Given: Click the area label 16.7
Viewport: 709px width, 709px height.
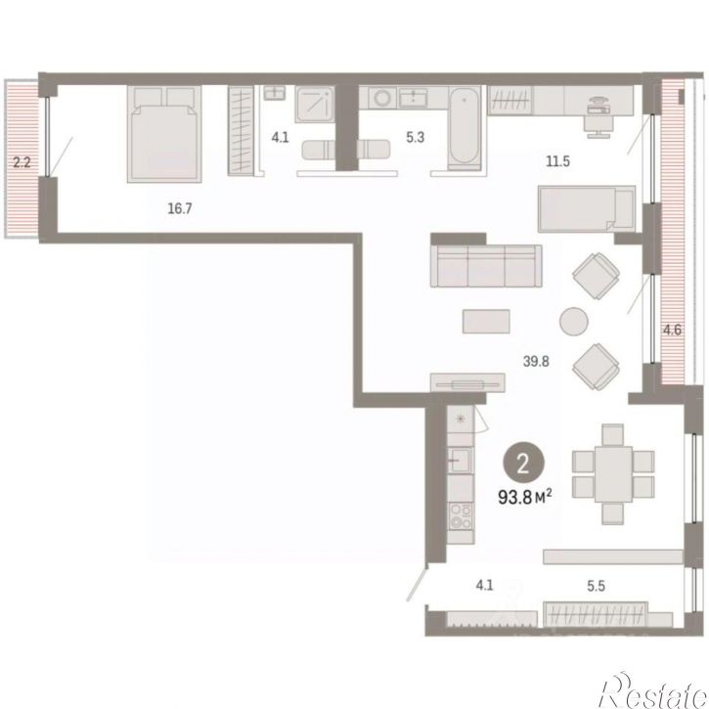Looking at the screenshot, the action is [x=180, y=208].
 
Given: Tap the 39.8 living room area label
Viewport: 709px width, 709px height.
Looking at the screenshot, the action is [x=536, y=361].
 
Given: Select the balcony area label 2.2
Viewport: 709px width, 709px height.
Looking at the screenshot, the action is [x=22, y=162].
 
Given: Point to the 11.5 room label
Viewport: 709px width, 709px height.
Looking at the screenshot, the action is [x=557, y=161].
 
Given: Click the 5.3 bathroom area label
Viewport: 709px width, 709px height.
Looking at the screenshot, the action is [x=415, y=137].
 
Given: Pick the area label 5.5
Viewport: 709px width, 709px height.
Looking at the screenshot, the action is [x=596, y=586].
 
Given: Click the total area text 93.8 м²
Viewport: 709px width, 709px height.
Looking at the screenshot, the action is [x=524, y=497].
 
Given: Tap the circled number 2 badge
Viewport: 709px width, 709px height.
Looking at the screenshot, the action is [x=523, y=464].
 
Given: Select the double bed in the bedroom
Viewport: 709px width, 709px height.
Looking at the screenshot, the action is [x=164, y=134].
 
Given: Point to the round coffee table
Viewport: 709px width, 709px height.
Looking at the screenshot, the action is [x=573, y=322].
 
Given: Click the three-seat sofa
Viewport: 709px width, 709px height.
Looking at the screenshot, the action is [x=486, y=266].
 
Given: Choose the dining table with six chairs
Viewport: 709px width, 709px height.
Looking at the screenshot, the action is [x=613, y=474].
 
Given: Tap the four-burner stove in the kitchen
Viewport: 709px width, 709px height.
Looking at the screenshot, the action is [x=461, y=516].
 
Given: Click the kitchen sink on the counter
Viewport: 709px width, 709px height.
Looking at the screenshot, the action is [x=461, y=461].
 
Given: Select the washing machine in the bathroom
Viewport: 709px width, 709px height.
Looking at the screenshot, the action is [x=382, y=98].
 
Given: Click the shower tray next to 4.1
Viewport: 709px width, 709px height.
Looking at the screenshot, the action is [x=315, y=105].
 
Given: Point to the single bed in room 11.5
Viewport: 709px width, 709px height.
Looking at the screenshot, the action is [x=587, y=209].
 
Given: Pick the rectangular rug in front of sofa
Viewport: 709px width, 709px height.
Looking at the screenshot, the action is [x=486, y=322].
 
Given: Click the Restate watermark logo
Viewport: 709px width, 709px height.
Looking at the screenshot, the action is [x=653, y=691].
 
